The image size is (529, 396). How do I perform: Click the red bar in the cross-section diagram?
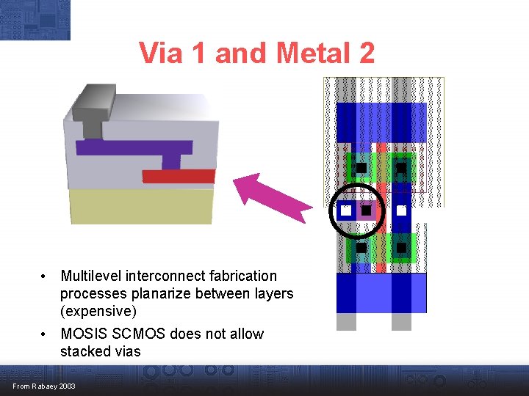click(x=179, y=176)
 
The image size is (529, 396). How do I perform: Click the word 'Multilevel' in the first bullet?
click(x=91, y=276)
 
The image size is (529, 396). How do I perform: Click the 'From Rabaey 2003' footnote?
click(x=43, y=386)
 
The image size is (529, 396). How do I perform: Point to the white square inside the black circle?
click(x=346, y=210)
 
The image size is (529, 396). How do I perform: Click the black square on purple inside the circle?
click(x=366, y=210)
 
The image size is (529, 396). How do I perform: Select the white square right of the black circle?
click(x=401, y=210)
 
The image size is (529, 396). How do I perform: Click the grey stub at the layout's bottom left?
click(x=346, y=321)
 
